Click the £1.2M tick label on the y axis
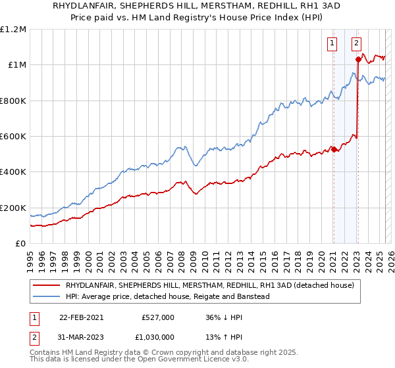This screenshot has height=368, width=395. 13,29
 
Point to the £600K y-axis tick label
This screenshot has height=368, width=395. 13,137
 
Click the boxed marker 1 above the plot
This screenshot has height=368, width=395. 331,44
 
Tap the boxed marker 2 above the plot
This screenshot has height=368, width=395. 356,44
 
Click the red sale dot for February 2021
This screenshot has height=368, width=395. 334,149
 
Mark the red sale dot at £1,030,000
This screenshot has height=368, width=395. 358,59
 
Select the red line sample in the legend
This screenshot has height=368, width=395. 45,285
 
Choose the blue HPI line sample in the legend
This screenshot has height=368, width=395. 45,296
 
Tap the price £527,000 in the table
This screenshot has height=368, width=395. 158,317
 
